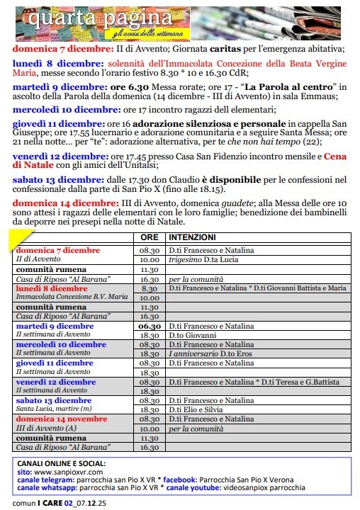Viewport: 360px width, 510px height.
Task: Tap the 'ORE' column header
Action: point(149,237)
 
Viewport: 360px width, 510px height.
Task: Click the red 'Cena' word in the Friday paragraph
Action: point(336,156)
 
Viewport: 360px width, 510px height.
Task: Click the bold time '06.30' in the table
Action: point(149,326)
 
